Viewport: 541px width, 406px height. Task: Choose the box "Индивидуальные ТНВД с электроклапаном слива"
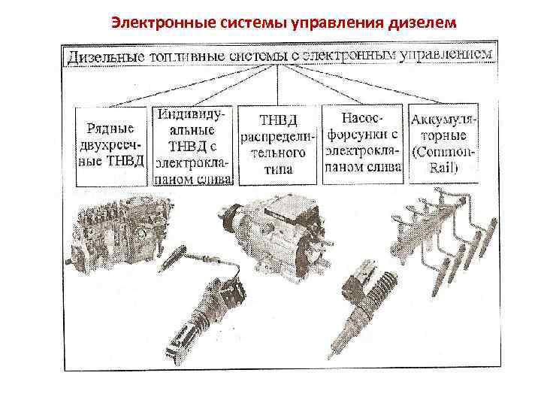tap(195, 145)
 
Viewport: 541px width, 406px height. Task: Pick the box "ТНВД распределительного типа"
tap(278, 145)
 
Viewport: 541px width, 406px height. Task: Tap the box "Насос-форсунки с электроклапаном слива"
tap(363, 144)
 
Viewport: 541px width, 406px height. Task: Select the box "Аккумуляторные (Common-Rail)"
tap(443, 144)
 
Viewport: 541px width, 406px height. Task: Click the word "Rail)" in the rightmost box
tap(444, 168)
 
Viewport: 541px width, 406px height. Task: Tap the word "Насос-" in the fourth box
tap(363, 119)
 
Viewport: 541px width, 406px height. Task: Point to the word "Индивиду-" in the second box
tap(195, 115)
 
